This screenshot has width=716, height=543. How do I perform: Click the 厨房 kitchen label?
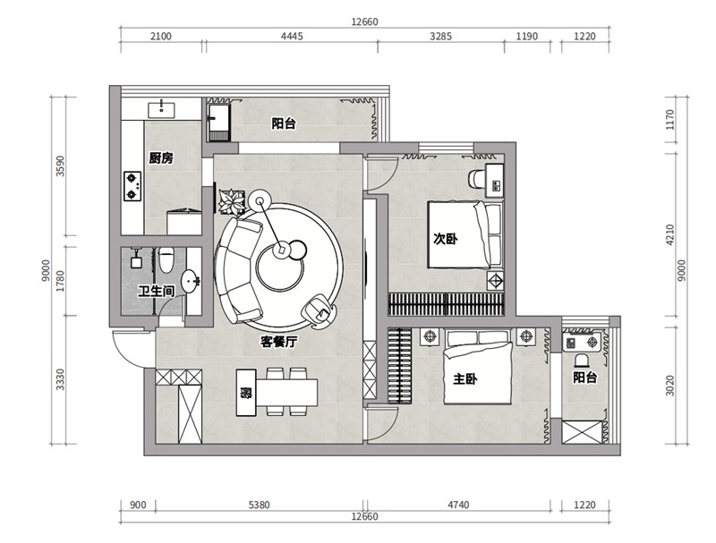pos(161,158)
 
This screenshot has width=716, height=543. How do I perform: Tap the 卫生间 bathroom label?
pos(156,291)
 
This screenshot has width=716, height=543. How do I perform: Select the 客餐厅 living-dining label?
pos(278,342)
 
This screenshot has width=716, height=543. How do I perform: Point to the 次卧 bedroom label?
pos(445,239)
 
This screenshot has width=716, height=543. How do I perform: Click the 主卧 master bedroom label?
pos(465,378)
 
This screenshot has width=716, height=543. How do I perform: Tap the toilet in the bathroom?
pos(166,259)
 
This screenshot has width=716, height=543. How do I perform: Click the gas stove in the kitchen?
pos(132,186)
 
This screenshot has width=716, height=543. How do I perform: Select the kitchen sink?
pos(161,110)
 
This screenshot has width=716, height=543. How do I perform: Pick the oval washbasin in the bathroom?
pos(190,282)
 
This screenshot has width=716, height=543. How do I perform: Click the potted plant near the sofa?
pos(233,201)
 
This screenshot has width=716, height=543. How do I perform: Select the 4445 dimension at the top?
pos(292,36)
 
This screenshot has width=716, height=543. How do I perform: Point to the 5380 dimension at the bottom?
pos(259,505)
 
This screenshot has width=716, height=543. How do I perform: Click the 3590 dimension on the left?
pos(60,166)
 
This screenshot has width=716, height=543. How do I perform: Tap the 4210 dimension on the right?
pos(669,234)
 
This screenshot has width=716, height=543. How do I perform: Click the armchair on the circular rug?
pos(319,310)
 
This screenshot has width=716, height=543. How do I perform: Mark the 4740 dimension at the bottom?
pos(458,505)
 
